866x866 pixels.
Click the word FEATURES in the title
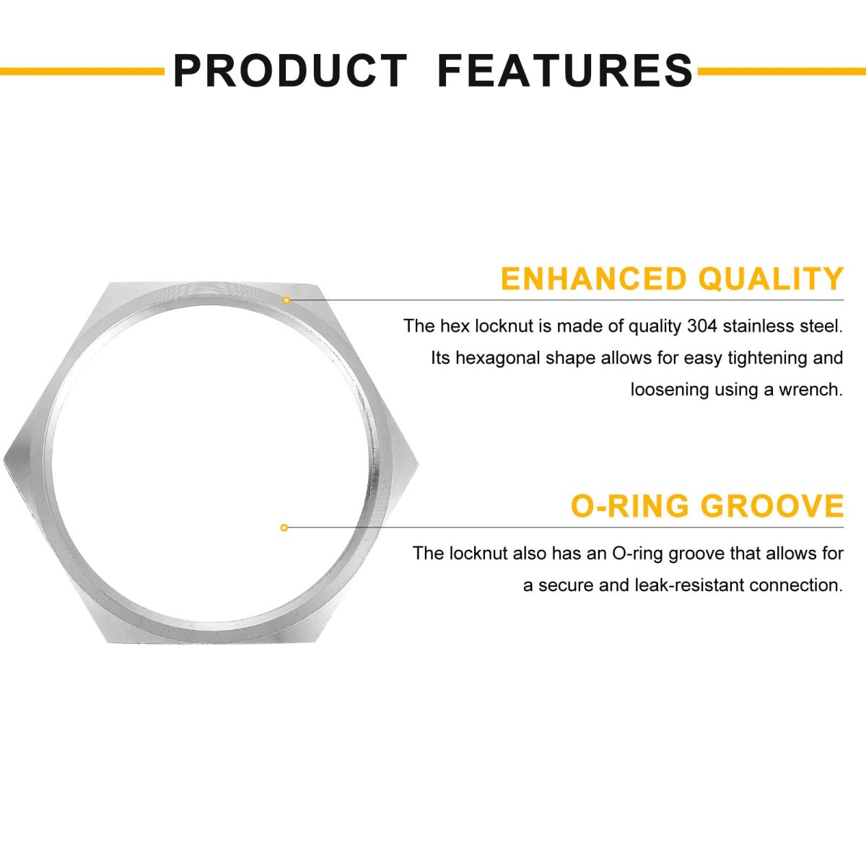pyautogui.click(x=565, y=71)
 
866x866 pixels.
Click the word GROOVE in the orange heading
pyautogui.click(x=772, y=506)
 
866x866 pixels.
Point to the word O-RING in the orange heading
pyautogui.click(x=629, y=506)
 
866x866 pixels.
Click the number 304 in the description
pyautogui.click(x=702, y=326)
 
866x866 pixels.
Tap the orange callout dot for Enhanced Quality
pyautogui.click(x=287, y=299)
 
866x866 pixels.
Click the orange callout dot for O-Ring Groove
pyautogui.click(x=284, y=528)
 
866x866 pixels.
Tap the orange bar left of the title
pyautogui.click(x=82, y=71)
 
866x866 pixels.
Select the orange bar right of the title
pyautogui.click(x=782, y=71)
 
